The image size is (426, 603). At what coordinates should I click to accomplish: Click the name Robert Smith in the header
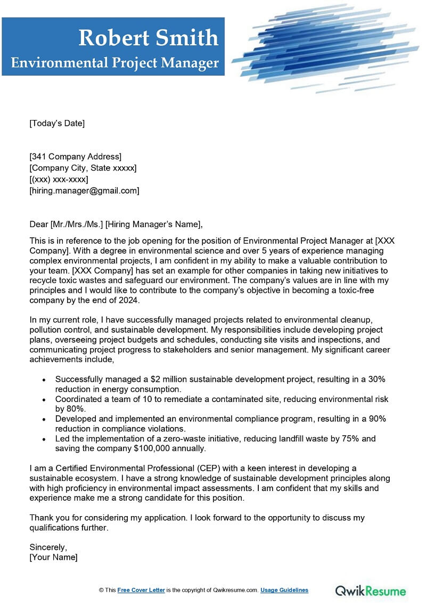(x=149, y=38)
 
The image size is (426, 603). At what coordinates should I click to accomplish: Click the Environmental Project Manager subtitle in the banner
(x=115, y=63)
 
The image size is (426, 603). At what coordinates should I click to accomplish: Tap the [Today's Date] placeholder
(x=57, y=123)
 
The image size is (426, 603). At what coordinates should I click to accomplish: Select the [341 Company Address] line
(x=76, y=157)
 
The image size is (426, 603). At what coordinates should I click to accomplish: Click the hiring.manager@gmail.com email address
(x=85, y=190)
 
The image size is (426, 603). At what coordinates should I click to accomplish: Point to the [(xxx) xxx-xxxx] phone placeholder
(x=59, y=179)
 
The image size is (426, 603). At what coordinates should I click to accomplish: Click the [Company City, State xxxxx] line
(x=83, y=168)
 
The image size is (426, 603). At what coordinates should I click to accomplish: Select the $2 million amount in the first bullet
(x=160, y=379)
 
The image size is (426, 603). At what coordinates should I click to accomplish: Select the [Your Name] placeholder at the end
(x=53, y=557)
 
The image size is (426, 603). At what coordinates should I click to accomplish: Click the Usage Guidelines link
(x=285, y=590)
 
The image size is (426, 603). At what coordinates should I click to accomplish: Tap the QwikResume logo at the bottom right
(x=370, y=590)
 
